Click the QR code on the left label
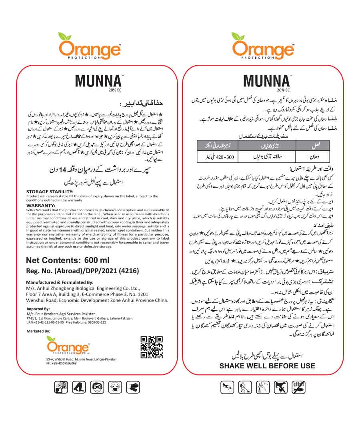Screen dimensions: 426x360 [152, 347]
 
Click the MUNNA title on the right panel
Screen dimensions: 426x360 [266, 80]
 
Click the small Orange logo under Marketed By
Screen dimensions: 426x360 [68, 345]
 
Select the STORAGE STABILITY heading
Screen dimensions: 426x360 [50, 192]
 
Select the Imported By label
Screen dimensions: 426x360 [38, 309]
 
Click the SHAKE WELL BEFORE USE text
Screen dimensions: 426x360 [267, 366]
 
